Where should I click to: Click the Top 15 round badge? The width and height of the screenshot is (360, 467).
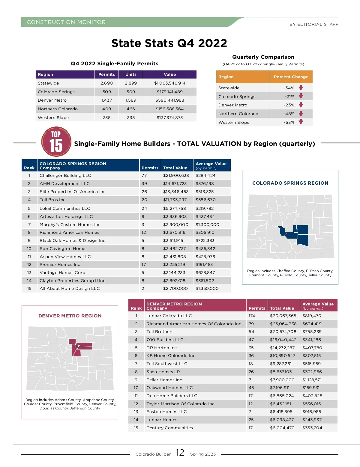pos(56,142)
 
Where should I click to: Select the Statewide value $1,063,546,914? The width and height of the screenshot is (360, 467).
pos(170,83)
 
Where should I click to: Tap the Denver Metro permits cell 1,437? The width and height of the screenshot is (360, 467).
pos(106,100)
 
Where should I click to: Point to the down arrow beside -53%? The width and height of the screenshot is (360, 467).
pos(301,122)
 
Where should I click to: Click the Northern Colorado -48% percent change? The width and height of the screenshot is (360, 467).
pos(289,114)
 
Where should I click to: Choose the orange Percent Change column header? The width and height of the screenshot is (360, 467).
pos(291,77)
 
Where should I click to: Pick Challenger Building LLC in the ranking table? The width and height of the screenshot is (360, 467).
pos(65,175)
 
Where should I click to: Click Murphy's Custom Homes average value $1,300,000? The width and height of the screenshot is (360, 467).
pos(207,225)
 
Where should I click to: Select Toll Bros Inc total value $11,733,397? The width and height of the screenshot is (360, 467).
pos(175,200)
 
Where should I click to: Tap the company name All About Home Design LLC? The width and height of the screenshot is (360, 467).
pos(70,288)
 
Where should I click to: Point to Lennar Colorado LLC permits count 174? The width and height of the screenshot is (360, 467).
pos(252,316)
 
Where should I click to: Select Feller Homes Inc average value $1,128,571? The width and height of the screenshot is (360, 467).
pos(312,380)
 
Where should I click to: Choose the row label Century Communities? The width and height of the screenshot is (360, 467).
pos(169,428)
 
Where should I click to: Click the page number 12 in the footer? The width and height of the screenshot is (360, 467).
pos(180,453)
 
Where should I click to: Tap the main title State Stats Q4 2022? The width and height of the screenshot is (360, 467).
pos(169,43)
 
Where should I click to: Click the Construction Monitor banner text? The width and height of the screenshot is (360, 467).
pos(66,22)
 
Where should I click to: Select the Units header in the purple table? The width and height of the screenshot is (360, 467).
pos(131,74)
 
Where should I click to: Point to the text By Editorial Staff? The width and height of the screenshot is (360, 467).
pos(314,24)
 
